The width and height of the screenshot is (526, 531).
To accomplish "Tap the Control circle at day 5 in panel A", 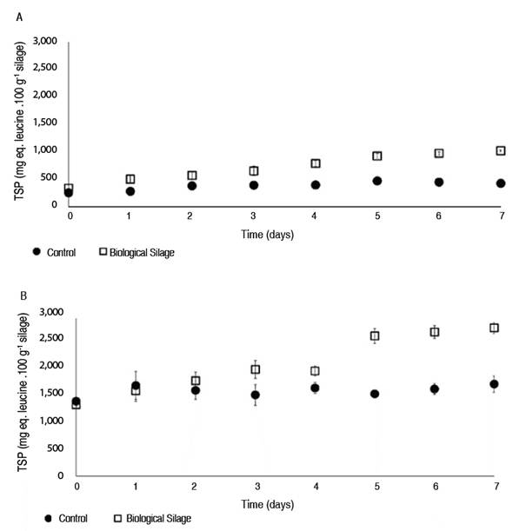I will [377, 181].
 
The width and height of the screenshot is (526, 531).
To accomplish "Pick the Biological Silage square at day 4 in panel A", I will [316, 163].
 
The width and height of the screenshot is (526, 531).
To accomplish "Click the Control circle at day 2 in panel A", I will [191, 186].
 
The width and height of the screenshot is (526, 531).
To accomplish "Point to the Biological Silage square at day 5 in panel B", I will [375, 335].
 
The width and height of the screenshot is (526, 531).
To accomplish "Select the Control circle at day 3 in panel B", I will [256, 395].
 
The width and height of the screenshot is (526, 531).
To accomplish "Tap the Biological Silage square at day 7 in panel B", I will [494, 328].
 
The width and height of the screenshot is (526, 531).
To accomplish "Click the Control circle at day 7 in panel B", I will [494, 384].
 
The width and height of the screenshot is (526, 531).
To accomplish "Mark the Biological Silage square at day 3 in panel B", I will [256, 369].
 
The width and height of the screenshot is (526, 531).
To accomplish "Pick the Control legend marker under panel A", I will [36, 252].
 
